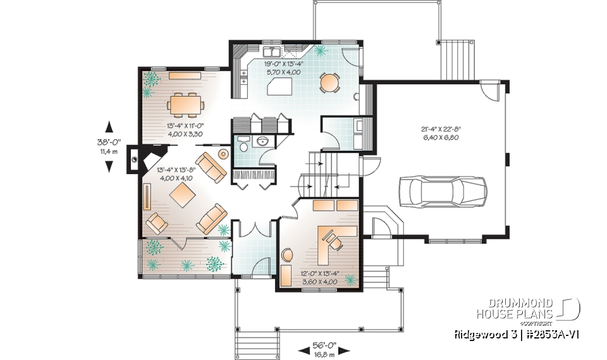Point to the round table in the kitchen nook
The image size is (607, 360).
[329, 82]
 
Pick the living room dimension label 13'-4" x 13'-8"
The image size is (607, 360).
[176, 173]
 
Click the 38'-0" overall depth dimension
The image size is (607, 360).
[109, 147]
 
